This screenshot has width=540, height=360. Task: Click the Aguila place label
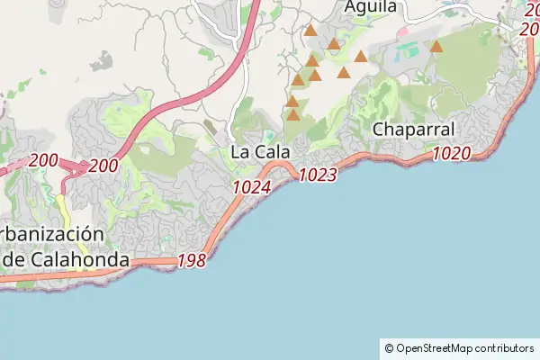tap(370, 6)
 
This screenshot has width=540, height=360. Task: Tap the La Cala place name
tap(260, 152)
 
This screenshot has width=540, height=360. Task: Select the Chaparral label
tap(413, 130)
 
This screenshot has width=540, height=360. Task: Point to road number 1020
tap(451, 153)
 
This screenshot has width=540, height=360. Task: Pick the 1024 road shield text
tap(251, 187)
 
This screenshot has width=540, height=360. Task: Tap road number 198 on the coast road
tap(192, 261)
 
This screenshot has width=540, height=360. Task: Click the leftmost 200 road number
tap(43, 161)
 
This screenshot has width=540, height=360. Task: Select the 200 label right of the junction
tap(103, 166)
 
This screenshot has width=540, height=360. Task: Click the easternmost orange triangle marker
tap(436, 46)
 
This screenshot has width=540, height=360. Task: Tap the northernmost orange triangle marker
tap(310, 31)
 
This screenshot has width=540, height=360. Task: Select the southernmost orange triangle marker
tap(292, 115)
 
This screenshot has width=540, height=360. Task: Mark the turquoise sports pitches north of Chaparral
tap(407, 50)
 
